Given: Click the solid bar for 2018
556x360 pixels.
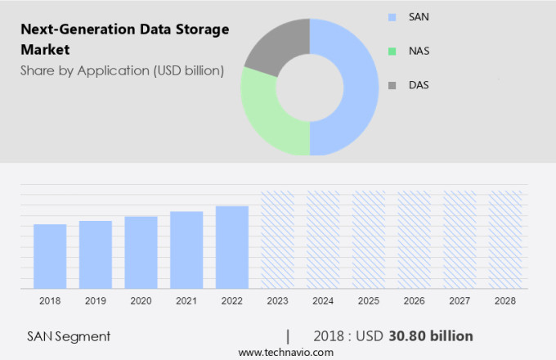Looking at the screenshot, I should [50, 256].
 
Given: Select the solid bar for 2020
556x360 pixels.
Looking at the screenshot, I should [141, 252].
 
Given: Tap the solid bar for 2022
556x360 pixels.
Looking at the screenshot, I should [232, 247].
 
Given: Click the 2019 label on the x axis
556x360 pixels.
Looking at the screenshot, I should [95, 301].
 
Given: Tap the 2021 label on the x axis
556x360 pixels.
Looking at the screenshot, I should [186, 301].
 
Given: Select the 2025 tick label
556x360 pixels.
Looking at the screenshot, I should [369, 301].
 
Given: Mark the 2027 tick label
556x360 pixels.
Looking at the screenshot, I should [460, 301].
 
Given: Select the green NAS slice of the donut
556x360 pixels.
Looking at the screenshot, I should [266, 115].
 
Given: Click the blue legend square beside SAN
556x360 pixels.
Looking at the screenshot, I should [392, 16].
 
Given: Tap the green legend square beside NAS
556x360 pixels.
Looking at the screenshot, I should [392, 51].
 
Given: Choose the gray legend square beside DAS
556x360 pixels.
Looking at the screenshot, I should [392, 85].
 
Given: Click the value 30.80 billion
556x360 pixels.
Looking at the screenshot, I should [433, 336].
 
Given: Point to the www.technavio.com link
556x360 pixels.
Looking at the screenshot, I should [286, 353].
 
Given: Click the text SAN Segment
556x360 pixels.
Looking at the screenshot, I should [69, 336].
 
